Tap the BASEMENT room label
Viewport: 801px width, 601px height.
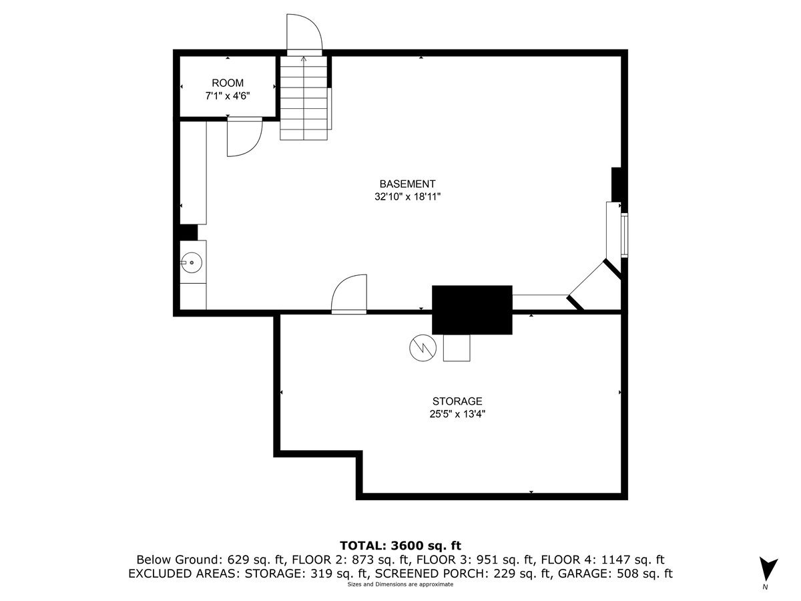(407, 184)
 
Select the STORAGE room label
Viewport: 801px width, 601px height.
(457, 401)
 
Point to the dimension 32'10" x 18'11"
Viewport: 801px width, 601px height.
(407, 197)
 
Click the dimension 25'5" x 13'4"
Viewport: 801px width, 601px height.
(457, 414)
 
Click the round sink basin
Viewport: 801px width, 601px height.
(192, 263)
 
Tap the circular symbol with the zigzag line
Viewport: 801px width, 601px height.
(422, 347)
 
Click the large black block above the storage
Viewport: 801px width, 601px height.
(472, 309)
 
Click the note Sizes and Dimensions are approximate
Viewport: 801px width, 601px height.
(400, 584)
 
